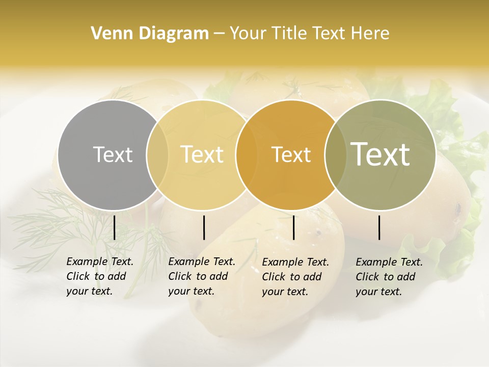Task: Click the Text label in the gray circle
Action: (113, 154)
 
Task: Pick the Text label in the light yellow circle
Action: (202, 154)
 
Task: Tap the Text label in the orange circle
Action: (291, 154)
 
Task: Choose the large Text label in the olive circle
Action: (381, 154)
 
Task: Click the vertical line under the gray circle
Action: (114, 227)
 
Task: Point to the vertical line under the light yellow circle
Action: (204, 227)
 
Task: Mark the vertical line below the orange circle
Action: (293, 227)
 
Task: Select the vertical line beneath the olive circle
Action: (379, 227)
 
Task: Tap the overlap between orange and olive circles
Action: (335, 154)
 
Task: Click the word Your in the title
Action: (247, 34)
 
